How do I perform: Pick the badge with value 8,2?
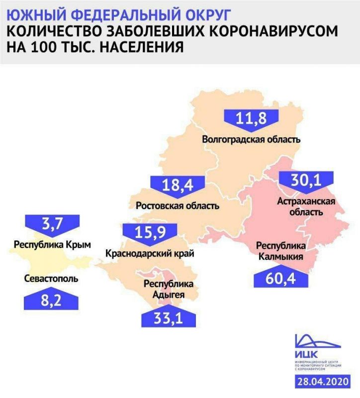click(x=51, y=300)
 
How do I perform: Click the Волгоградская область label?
click(x=252, y=139)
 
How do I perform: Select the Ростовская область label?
click(x=178, y=205)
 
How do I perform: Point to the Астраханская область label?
click(x=305, y=206)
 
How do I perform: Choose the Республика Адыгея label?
click(x=168, y=290)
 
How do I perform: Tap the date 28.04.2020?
click(x=323, y=382)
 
